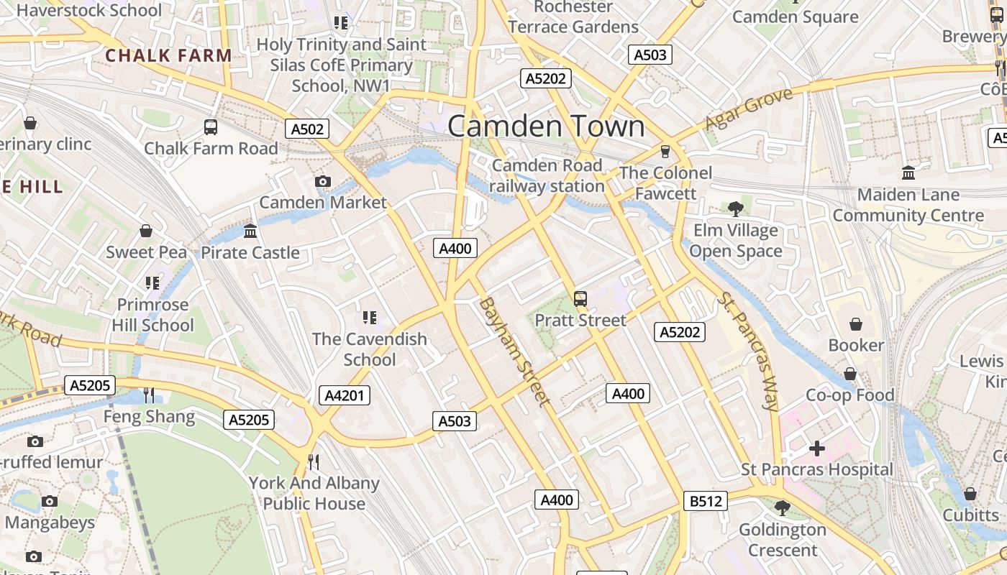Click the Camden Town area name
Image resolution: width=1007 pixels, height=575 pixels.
coord(546,126)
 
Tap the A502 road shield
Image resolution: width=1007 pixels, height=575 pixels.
coord(307,129)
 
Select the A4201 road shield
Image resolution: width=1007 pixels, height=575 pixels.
coord(345,395)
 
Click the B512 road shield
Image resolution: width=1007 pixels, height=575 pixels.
coord(705,501)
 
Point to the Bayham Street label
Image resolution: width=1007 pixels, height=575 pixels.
coord(514,351)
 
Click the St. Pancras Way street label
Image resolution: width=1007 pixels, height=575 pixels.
coord(749,351)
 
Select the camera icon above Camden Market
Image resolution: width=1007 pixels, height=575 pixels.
coord(323,181)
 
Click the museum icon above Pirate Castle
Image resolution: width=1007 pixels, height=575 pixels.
coord(250,231)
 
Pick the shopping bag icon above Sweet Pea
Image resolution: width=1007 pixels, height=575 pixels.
coord(146,231)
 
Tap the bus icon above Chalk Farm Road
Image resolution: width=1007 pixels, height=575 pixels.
coord(211,127)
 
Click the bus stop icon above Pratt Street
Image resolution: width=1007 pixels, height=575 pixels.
coord(580,298)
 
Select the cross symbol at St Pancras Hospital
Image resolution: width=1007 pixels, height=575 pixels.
coord(817,448)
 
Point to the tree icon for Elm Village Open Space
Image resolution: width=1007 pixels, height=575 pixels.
coord(735,209)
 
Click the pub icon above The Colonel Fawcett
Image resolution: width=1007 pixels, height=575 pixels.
coord(665,151)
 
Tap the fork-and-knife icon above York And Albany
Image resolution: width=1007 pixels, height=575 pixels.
coord(314,461)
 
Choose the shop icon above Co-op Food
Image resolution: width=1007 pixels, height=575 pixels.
coord(850,374)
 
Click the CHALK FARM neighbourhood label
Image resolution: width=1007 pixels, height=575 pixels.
coord(168,55)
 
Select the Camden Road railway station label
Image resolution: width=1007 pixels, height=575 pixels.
coord(547,175)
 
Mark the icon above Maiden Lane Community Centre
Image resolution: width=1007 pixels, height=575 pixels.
coord(908,173)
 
